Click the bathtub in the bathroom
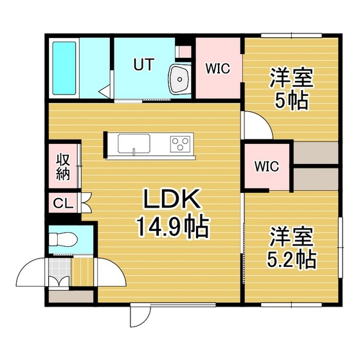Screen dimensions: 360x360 click(64, 68)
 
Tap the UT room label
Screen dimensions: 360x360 click(144, 64)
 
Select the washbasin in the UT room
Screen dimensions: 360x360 click(180, 79)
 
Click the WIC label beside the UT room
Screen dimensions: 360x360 click(218, 68)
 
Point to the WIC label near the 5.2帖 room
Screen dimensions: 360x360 click(267, 166)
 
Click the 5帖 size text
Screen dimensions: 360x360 click(291, 100)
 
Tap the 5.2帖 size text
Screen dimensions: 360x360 click(292, 260)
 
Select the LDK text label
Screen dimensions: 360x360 click(171, 199)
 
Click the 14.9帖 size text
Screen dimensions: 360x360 click(173, 227)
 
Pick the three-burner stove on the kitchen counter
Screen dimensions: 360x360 click(180, 144)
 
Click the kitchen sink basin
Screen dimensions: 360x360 click(134, 143)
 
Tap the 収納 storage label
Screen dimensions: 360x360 click(63, 166)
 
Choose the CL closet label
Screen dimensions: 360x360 click(64, 203)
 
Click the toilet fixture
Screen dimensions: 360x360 click(63, 240)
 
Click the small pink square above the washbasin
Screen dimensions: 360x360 click(185, 52)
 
